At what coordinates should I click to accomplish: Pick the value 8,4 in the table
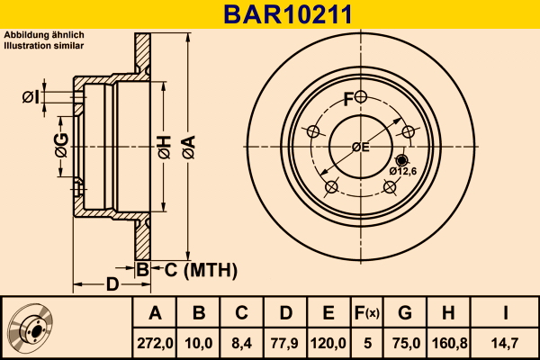coord(242,343)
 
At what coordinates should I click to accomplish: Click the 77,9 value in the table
coord(284,343)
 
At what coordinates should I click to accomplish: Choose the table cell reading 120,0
coord(328,343)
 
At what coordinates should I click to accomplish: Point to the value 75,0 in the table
coord(404,343)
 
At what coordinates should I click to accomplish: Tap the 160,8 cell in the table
coord(447,343)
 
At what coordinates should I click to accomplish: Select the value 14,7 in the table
coord(507,343)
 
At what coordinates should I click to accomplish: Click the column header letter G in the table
coord(404,313)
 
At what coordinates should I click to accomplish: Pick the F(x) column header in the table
coord(366,313)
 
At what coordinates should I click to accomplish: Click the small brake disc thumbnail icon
coord(31,328)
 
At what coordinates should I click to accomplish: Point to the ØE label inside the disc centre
coord(360,146)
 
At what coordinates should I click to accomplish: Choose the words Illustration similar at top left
coord(44,43)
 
